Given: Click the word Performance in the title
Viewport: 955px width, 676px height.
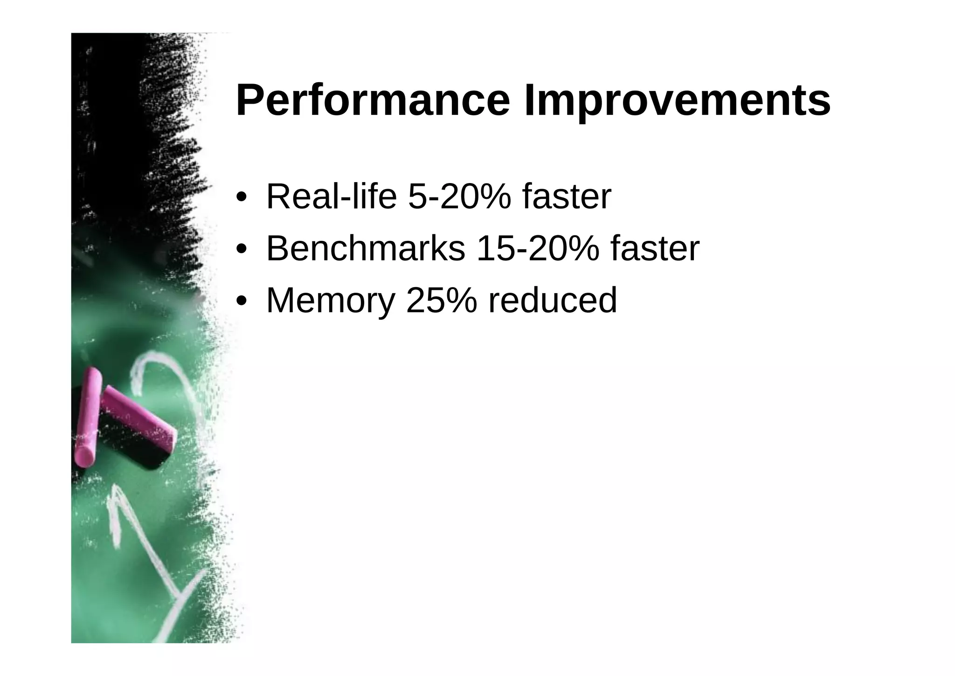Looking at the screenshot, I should [x=373, y=101].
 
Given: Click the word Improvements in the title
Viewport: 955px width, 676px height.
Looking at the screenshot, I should [x=677, y=101].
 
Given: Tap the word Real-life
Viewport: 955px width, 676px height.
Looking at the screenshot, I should [x=331, y=197].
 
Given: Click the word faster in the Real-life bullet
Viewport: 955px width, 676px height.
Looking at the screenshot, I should [x=567, y=197].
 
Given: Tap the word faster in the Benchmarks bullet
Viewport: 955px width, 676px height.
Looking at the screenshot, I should [x=655, y=248].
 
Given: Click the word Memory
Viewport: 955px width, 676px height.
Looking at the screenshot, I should [x=331, y=300].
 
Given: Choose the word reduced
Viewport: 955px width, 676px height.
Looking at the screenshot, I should [x=553, y=300].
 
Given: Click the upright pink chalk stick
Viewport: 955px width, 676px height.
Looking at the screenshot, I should [x=88, y=415].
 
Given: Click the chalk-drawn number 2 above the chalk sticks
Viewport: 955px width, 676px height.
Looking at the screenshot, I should [x=159, y=373].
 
